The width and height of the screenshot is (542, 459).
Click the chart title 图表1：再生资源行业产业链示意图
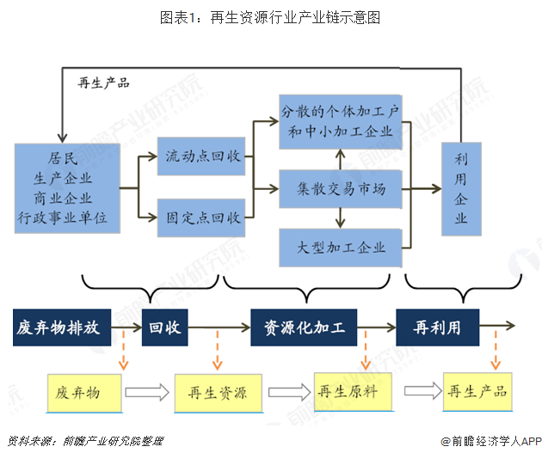click(271, 17)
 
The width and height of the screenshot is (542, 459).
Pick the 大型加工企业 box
click(342, 248)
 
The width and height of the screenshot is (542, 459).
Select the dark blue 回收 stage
click(163, 327)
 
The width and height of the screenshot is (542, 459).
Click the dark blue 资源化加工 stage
click(304, 327)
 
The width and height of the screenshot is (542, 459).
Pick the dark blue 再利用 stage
click(437, 327)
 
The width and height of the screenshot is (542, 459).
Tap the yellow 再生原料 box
click(354, 391)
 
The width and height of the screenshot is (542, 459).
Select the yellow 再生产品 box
click(477, 391)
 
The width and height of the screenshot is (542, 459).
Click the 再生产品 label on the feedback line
click(103, 83)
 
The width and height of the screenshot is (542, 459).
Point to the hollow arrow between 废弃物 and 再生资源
click(147, 393)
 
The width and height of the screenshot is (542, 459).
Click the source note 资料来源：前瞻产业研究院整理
click(84, 442)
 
